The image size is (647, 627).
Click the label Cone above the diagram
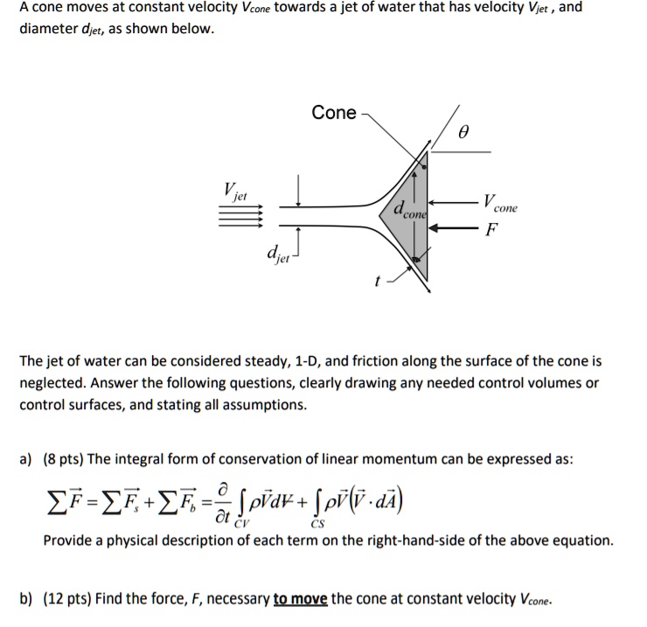pyautogui.click(x=334, y=113)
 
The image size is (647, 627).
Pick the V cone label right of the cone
pyautogui.click(x=501, y=203)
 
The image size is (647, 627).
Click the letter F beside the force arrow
pyautogui.click(x=491, y=231)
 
